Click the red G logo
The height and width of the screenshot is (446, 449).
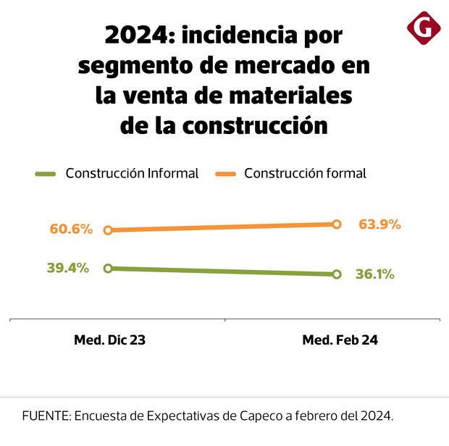pos(424,28)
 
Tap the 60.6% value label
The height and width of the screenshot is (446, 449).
pos(71,230)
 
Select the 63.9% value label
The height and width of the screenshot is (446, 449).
pos(379,224)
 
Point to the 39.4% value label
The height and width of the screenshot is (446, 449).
pos(68,268)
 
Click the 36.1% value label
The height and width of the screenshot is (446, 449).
pos(374,274)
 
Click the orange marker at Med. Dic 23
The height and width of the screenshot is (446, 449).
pos(108,230)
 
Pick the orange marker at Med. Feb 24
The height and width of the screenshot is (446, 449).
pos(336,224)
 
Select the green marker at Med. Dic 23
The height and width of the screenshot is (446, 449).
pos(108,268)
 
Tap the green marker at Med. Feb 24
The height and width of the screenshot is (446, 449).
pos(336,274)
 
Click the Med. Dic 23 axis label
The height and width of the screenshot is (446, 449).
pos(109,340)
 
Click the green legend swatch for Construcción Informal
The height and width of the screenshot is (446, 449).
pos(46,174)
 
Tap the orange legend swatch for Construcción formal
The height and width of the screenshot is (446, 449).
pos(225,174)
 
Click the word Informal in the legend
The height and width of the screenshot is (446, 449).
pos(173,174)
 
